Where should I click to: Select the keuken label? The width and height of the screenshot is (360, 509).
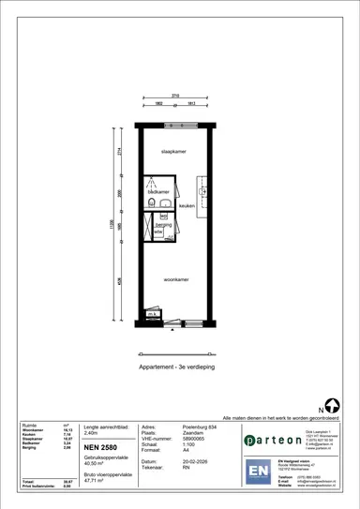pos(186,204)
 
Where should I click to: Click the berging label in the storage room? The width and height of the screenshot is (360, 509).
pos(162,225)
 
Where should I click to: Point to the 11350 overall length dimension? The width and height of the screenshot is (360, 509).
pos(111,225)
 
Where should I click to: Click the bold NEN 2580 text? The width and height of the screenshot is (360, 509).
pos(101,449)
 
